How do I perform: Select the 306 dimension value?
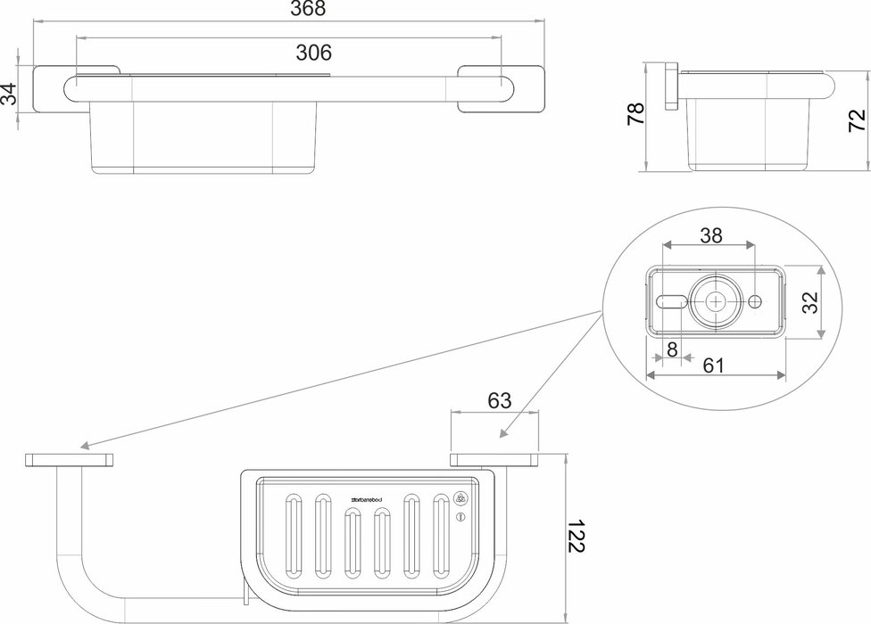coord(312,52)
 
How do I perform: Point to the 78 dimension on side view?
coord(635,114)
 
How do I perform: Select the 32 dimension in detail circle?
coord(809,303)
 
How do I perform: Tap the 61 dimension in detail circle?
coord(715,365)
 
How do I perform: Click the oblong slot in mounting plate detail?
coord(672,302)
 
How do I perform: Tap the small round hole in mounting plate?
coord(756,302)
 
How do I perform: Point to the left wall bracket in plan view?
coord(70,460)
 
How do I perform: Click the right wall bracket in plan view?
coord(495,460)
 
